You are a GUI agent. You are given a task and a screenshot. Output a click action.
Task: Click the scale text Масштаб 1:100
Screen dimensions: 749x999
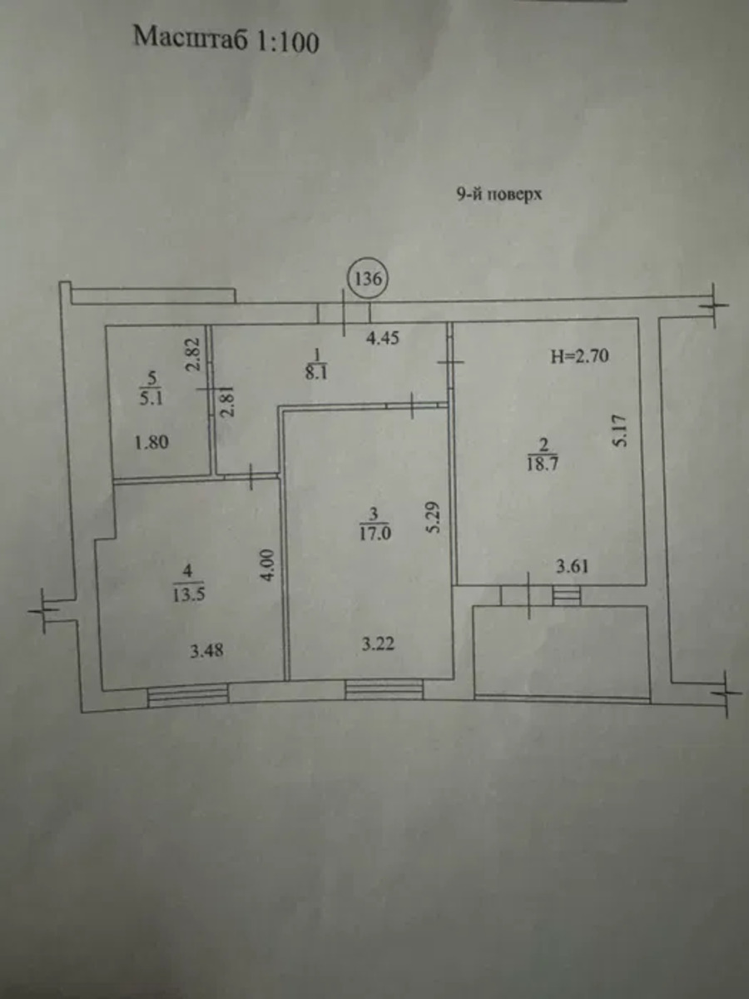coord(226,41)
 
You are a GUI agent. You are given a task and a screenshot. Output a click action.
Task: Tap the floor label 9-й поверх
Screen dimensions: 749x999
coord(499,195)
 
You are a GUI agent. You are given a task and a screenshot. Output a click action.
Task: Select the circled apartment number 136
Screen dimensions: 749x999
coord(368,279)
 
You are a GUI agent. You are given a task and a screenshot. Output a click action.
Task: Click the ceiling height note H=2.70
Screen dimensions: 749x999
coord(580,356)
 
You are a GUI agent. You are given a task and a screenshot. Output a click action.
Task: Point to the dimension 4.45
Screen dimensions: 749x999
coord(383,338)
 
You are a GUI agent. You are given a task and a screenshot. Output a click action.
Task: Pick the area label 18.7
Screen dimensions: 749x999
coord(543,465)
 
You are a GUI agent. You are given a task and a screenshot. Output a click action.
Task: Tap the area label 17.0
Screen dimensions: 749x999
coord(374,534)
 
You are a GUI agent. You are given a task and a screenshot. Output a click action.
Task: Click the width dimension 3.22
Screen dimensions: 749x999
coord(378,644)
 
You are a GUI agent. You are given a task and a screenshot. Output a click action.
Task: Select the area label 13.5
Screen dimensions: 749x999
coord(188,595)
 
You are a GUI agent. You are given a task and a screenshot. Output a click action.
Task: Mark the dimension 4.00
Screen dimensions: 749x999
coord(269,564)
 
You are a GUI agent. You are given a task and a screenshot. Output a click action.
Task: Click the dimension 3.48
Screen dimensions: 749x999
coord(206,651)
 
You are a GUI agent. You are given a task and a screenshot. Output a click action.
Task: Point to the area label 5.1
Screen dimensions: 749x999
coord(151,399)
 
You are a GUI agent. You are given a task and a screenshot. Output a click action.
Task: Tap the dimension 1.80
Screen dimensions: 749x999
coord(152,442)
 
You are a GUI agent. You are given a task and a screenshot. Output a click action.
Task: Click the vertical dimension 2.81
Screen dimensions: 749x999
coord(228,401)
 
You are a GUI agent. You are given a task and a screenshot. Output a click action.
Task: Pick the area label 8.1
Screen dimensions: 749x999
coord(317,374)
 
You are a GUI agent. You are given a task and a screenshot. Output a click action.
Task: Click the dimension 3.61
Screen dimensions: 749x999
coord(573,567)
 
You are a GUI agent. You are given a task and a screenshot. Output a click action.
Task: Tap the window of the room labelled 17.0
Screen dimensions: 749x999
coord(384,689)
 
